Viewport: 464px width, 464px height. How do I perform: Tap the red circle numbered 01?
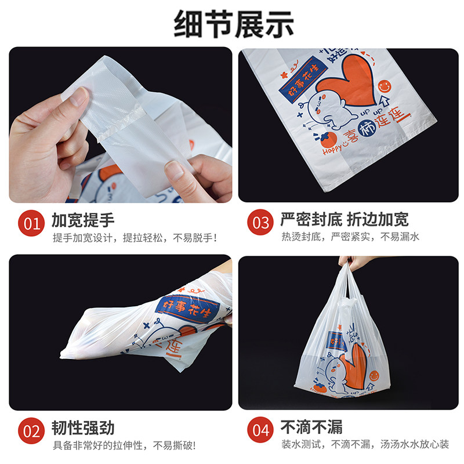(x=32, y=223)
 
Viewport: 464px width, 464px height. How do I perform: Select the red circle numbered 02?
(x=32, y=432)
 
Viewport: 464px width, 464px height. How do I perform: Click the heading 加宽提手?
(x=83, y=220)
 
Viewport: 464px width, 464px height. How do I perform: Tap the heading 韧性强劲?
(x=83, y=429)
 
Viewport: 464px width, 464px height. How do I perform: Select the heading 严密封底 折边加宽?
(x=345, y=220)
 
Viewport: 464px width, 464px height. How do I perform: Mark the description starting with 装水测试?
(x=365, y=445)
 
